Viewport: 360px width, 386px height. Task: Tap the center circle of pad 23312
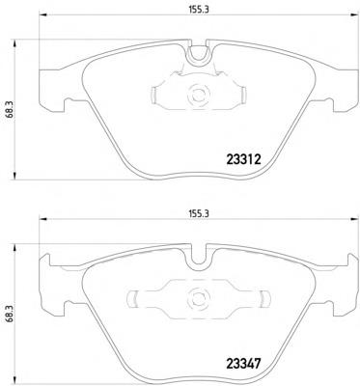200,95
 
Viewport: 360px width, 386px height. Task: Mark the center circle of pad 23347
200,297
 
